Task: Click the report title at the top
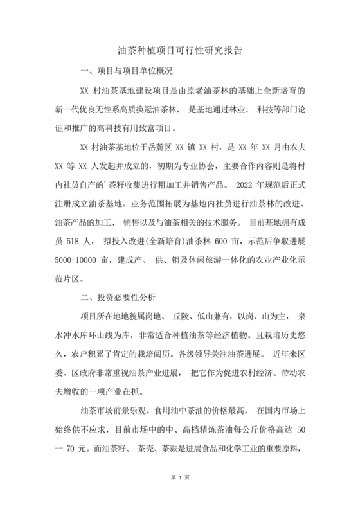point(180,49)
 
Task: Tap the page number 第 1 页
point(180,495)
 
